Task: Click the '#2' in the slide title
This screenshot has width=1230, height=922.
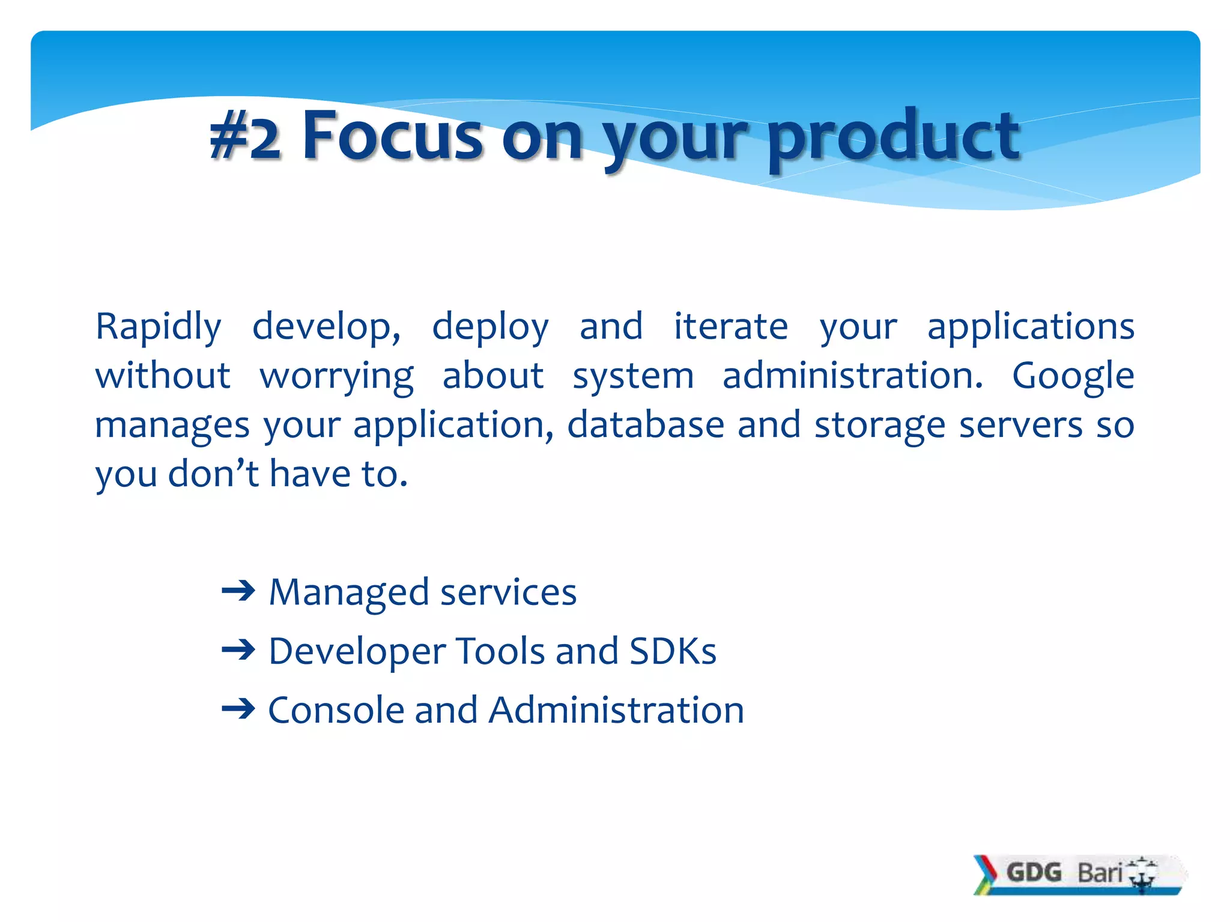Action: [246, 137]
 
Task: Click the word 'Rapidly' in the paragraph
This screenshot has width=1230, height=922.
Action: [159, 328]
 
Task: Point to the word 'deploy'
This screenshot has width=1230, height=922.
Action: [490, 328]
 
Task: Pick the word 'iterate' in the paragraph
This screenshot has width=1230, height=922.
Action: [730, 327]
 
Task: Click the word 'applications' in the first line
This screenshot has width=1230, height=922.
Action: [1031, 328]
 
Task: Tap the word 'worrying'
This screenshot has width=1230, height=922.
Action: [336, 377]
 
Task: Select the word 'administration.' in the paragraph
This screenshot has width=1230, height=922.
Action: [853, 376]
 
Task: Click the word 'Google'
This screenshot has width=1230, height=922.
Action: [1073, 377]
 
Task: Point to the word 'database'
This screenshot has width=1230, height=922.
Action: [646, 424]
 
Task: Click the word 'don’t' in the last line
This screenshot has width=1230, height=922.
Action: [213, 474]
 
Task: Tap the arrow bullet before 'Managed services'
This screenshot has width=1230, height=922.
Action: [238, 592]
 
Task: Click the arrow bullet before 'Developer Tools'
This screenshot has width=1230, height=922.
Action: [238, 650]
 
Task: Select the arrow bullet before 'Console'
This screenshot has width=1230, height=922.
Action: [238, 710]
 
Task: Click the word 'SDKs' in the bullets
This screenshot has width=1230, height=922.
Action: [673, 651]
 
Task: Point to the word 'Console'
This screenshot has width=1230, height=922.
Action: [336, 710]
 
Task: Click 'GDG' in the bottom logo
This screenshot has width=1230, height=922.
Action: [1034, 872]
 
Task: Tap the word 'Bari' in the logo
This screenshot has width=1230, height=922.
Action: [1100, 873]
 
